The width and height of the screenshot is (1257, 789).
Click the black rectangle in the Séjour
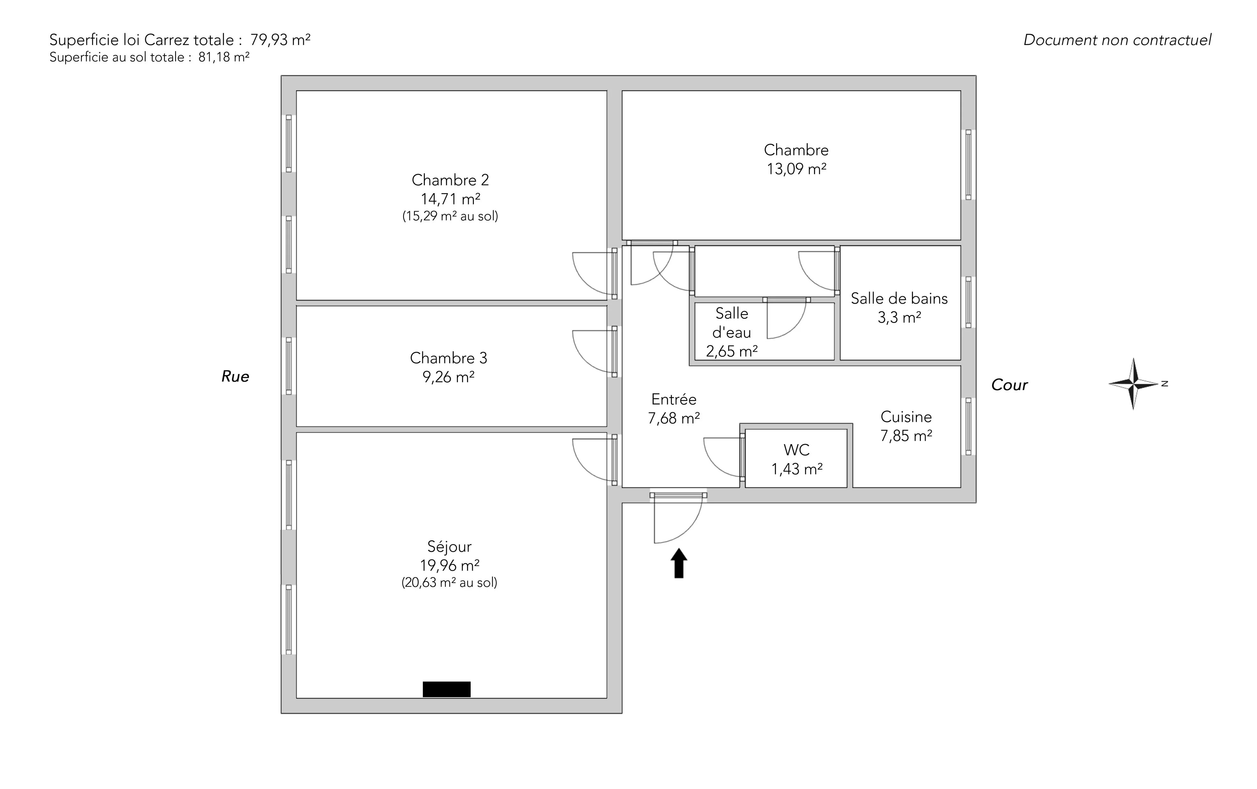[x=446, y=689]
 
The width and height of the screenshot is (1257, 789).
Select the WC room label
[x=796, y=450]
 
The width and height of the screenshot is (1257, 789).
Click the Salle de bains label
[x=899, y=298]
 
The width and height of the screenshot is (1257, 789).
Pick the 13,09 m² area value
[x=796, y=169]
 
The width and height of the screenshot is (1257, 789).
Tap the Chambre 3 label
[x=448, y=358]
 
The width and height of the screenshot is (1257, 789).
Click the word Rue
[x=235, y=376]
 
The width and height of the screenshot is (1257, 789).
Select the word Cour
[x=1009, y=385]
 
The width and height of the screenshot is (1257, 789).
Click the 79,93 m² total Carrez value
[x=280, y=40]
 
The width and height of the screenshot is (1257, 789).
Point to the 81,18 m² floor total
[x=223, y=57]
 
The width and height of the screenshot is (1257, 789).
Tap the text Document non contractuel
[x=1117, y=40]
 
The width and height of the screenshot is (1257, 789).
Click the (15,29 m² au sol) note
[x=450, y=216]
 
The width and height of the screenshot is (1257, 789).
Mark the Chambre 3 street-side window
[x=289, y=366]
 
